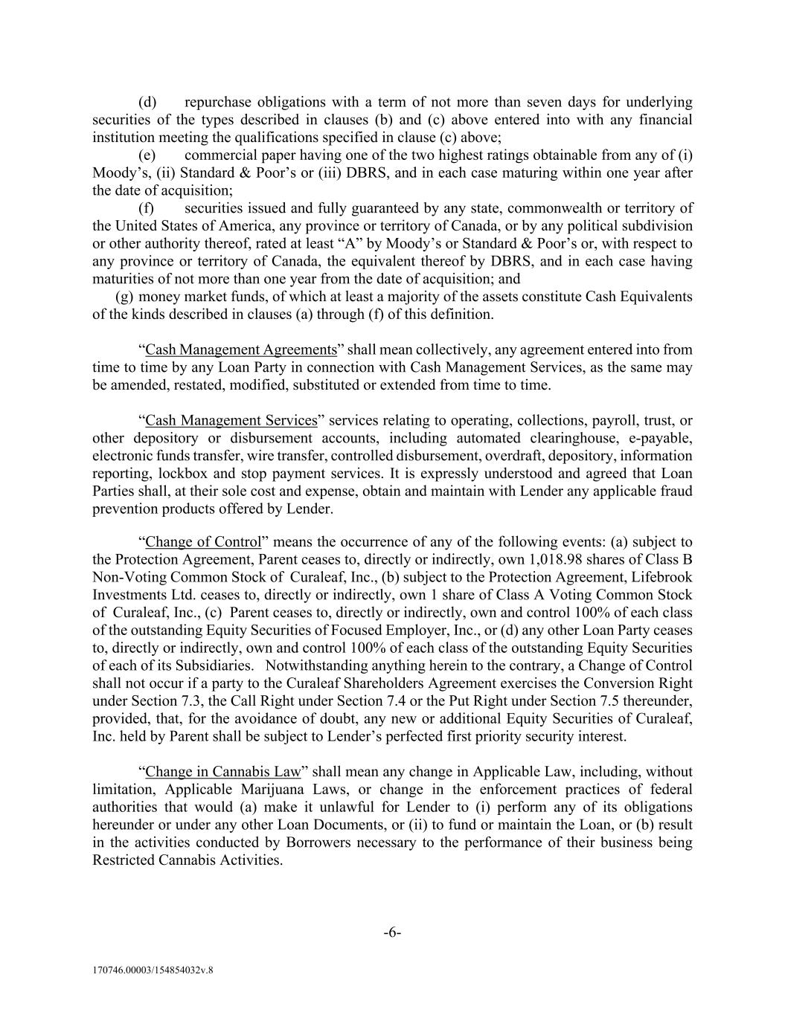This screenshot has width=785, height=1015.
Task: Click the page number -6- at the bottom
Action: (392, 933)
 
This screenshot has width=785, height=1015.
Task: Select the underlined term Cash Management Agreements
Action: (241, 349)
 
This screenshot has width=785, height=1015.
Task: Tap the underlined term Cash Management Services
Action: (231, 421)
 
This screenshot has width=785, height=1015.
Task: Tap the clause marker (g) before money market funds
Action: (125, 297)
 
